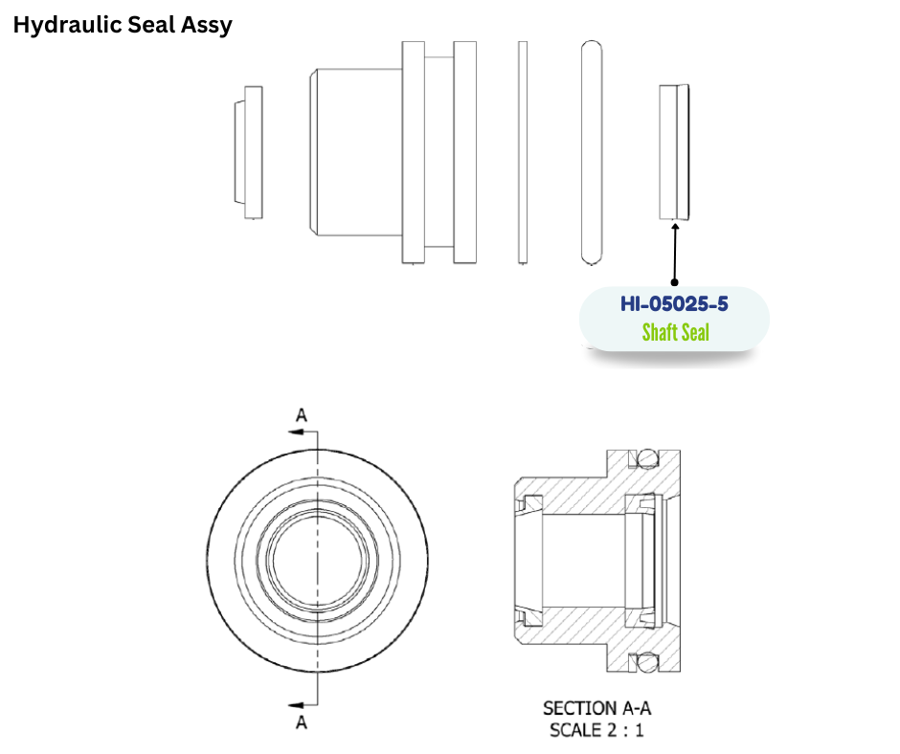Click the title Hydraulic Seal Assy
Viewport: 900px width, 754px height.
point(123,25)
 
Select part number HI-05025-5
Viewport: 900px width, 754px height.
point(674,305)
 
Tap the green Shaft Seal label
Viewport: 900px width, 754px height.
point(675,332)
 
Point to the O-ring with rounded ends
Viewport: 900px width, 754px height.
point(592,152)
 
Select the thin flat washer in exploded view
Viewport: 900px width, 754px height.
point(522,152)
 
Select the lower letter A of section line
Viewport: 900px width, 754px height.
point(302,723)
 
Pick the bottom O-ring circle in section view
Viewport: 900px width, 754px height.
point(649,661)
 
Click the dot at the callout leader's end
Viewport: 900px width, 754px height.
point(675,282)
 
